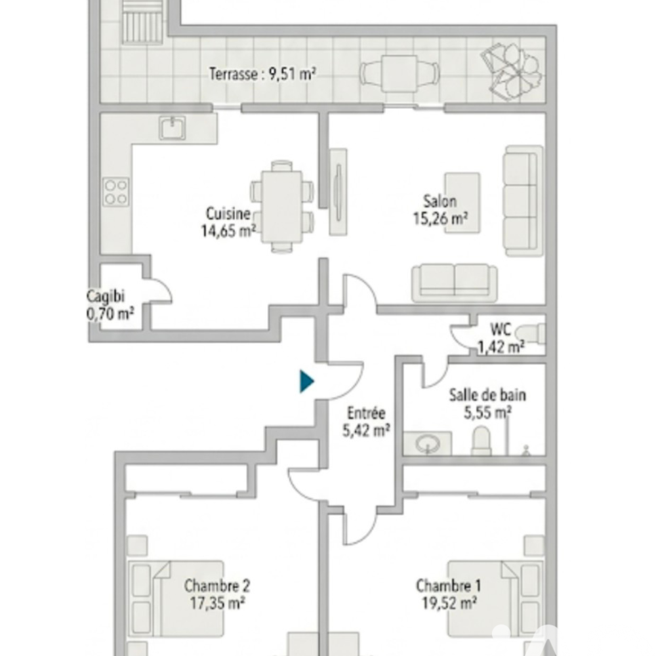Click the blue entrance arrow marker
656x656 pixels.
tap(306, 381)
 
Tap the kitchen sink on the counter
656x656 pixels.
tap(172, 128)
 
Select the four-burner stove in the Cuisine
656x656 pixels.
tap(116, 192)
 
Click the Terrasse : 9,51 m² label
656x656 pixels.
tap(262, 74)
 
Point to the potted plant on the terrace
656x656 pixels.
tap(512, 72)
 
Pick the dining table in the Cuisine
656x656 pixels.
tap(281, 207)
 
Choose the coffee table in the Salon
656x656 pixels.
tap(462, 203)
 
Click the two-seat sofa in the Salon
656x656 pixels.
tap(455, 282)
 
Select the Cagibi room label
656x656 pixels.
tap(106, 297)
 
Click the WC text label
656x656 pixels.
tap(501, 330)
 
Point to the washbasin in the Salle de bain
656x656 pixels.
tap(428, 443)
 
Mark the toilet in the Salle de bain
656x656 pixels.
tap(482, 441)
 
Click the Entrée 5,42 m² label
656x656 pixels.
tap(367, 422)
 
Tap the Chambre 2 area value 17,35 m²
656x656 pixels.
tap(217, 604)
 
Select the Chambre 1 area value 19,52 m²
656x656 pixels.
tap(449, 604)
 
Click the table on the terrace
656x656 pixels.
tap(399, 73)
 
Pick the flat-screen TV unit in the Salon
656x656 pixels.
tap(338, 192)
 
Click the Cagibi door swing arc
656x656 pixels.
tap(165, 287)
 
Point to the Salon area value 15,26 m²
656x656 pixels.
tap(441, 218)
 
